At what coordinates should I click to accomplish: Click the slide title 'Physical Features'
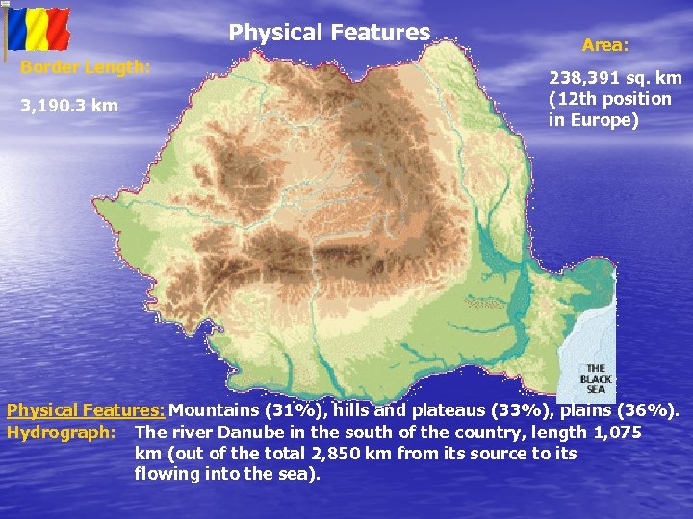click(x=329, y=33)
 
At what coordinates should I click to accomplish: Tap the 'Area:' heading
click(x=605, y=44)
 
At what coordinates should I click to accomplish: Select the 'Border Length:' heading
click(x=86, y=67)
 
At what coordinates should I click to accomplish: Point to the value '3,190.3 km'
click(x=69, y=105)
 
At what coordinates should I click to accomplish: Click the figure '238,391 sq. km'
click(x=615, y=77)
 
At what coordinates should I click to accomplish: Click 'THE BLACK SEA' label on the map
click(x=596, y=379)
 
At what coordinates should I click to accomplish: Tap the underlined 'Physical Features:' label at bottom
click(x=87, y=411)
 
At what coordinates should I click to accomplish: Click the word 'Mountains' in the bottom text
click(x=216, y=411)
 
